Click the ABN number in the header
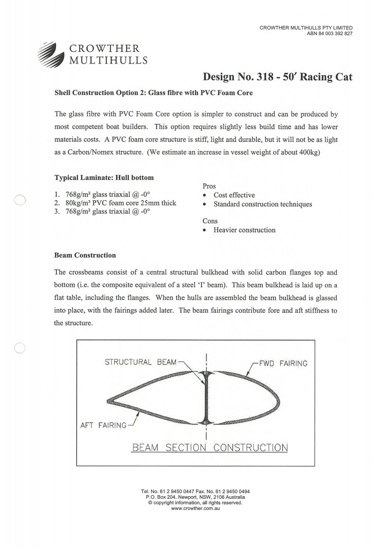(329, 34)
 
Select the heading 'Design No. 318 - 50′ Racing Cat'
(277, 77)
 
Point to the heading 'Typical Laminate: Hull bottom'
(104, 178)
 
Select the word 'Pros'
(210, 187)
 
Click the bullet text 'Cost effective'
(234, 195)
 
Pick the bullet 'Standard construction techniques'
(262, 204)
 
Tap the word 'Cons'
(210, 221)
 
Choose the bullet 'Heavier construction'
(244, 230)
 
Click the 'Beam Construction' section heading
(85, 255)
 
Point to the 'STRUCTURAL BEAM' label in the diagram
(140, 362)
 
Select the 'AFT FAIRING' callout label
(103, 425)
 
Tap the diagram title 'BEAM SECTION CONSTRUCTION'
(210, 448)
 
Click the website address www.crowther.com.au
(195, 508)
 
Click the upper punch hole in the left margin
(20, 200)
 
